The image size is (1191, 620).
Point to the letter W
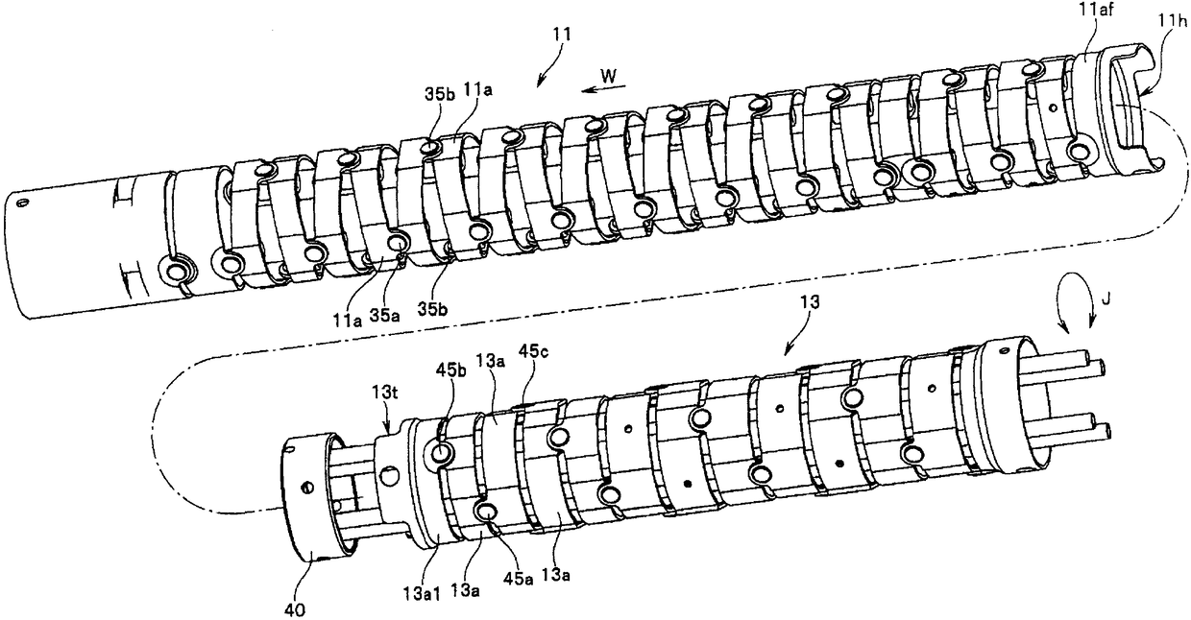(608, 74)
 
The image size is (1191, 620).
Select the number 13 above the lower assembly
(811, 301)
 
